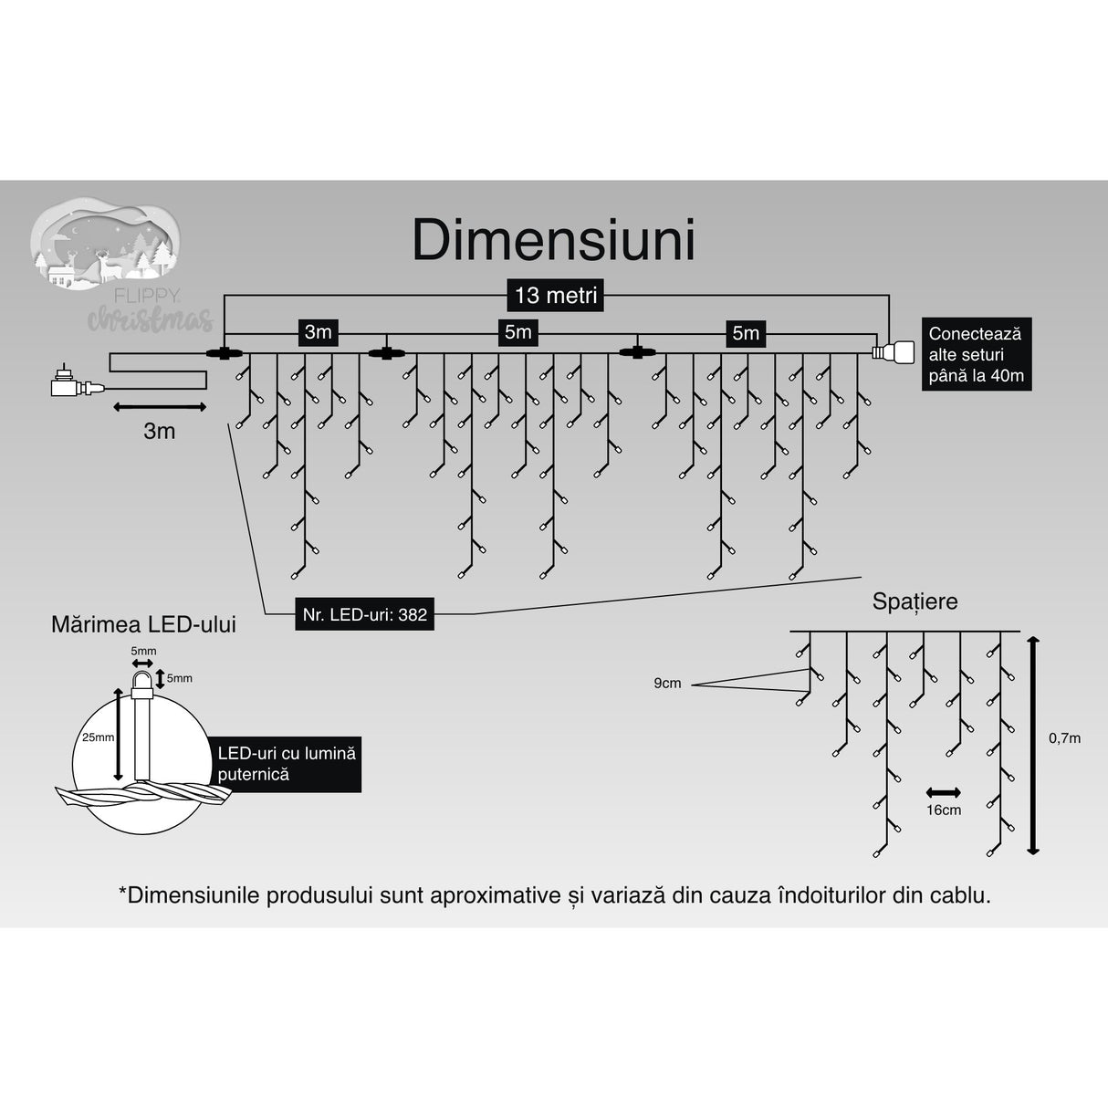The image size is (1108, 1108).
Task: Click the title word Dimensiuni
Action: coord(553,241)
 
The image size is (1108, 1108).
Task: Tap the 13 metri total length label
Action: coord(556,296)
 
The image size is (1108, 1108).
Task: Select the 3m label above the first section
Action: coord(318,332)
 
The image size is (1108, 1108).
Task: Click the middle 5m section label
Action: coord(517,332)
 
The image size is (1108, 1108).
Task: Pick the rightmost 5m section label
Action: coord(745,333)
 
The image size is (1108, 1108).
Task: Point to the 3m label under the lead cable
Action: coord(159,431)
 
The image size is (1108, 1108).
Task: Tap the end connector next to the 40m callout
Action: coord(892,352)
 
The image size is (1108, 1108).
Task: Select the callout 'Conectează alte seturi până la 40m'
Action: coord(976,355)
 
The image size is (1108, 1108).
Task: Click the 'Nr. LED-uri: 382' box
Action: coord(364,614)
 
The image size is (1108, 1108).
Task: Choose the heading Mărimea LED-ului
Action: coord(143,624)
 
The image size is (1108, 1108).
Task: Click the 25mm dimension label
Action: coord(98,737)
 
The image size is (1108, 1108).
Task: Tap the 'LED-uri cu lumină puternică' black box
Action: coord(286,764)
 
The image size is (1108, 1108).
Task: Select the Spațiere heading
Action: coord(915,601)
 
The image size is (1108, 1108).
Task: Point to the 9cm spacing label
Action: coord(667,683)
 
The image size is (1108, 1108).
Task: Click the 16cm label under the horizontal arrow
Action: coord(943,810)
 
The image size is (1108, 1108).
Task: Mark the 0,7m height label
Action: coord(1063,737)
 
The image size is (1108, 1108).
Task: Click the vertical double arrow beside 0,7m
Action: coord(1032,745)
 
